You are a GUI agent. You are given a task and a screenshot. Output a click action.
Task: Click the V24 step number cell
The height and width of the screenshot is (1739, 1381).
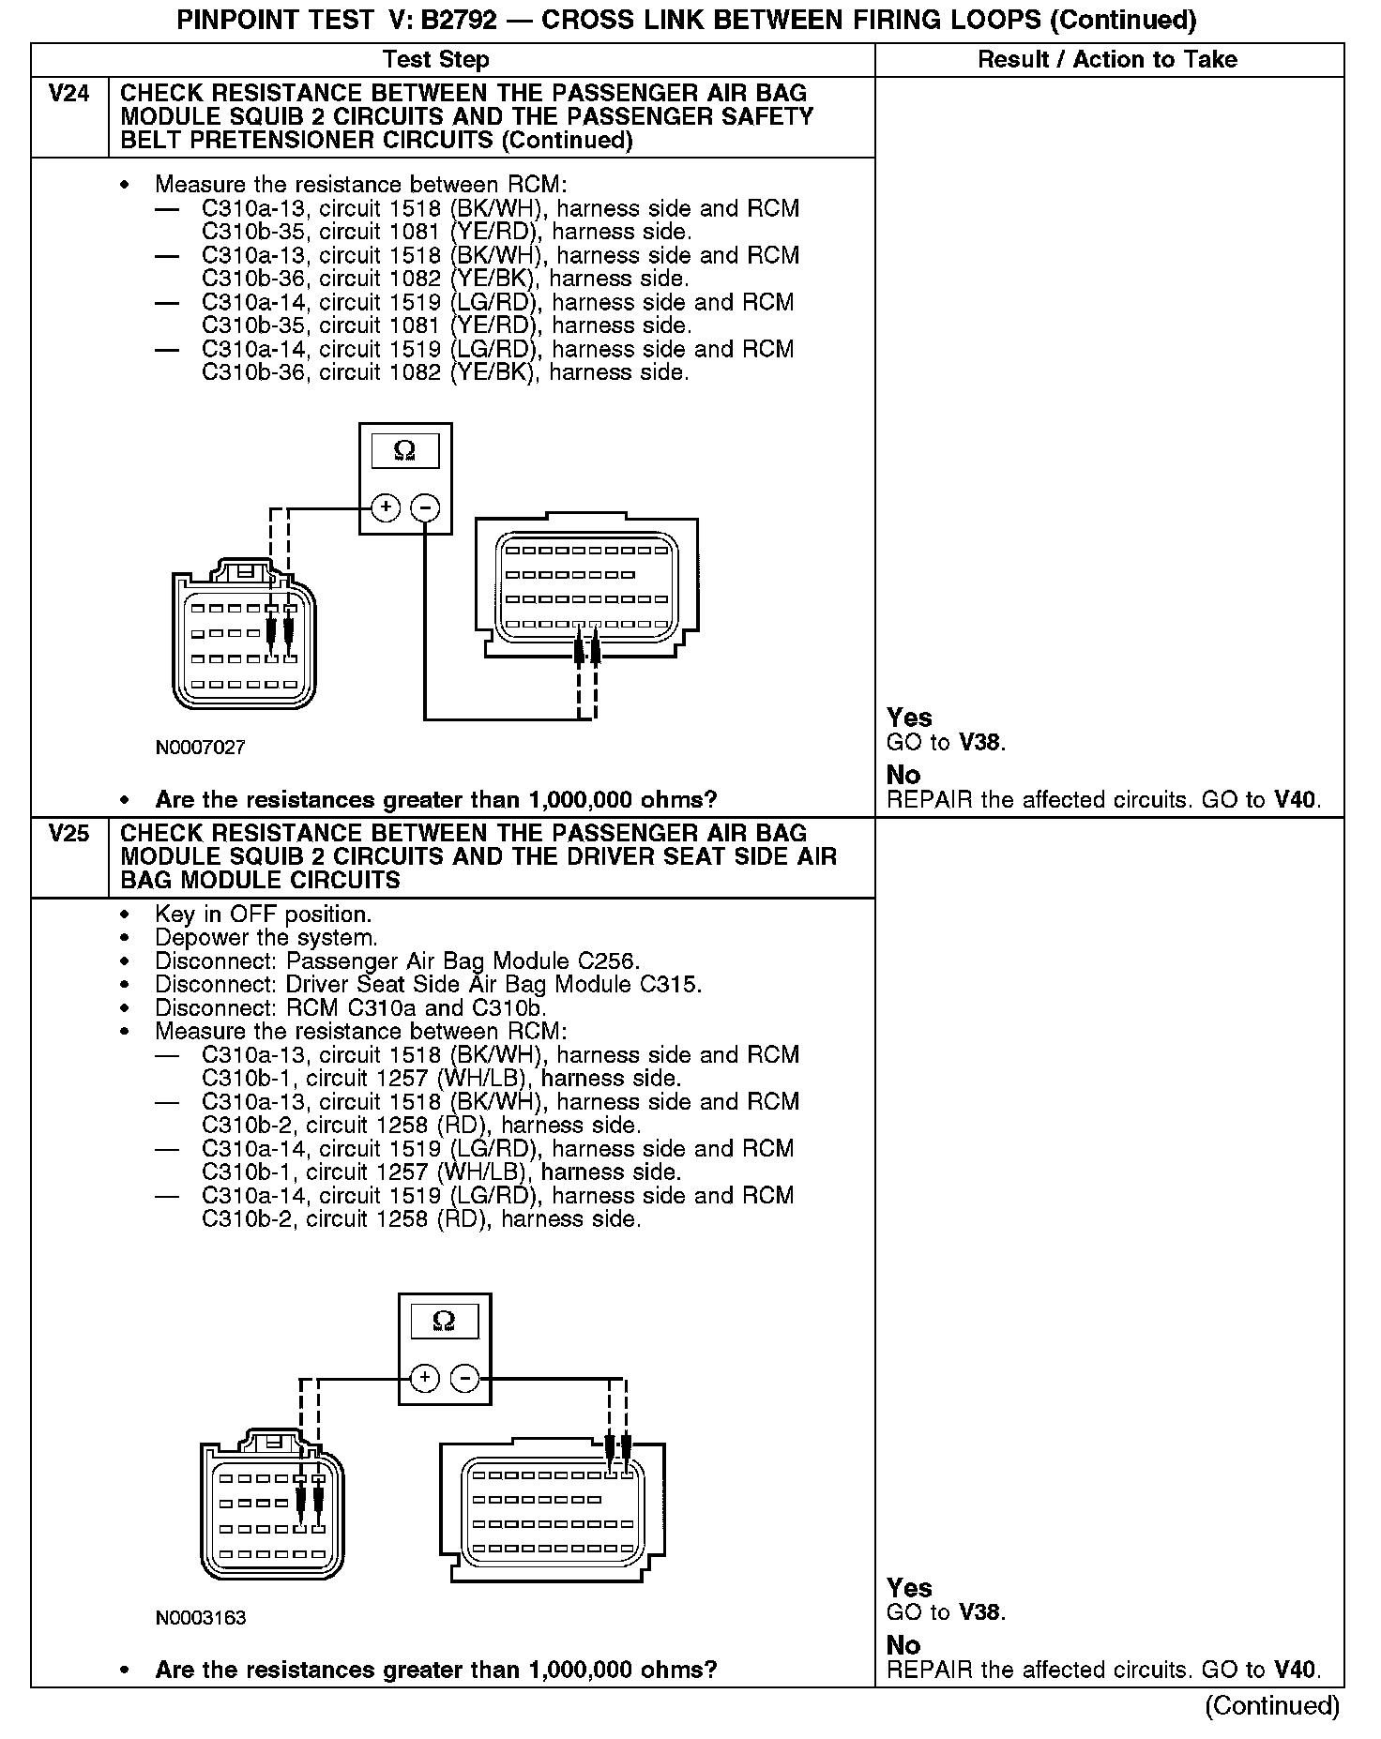[68, 94]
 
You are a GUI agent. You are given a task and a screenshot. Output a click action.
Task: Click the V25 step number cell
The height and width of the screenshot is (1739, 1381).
[68, 834]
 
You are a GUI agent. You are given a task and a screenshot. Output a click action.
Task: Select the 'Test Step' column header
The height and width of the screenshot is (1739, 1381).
[436, 60]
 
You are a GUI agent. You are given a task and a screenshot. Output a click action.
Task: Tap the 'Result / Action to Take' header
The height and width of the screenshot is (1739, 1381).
[1107, 60]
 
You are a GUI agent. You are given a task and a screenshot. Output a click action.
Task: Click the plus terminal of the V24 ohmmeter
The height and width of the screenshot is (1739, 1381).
[386, 507]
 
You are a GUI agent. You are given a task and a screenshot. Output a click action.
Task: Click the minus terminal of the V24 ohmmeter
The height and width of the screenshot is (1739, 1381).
[426, 507]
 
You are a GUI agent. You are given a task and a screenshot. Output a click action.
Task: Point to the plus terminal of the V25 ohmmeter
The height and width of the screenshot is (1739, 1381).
[425, 1378]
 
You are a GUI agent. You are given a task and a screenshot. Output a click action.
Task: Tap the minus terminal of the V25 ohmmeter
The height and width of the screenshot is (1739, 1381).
[465, 1378]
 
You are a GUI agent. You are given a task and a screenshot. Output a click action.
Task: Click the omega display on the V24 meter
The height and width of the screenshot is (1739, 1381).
[405, 451]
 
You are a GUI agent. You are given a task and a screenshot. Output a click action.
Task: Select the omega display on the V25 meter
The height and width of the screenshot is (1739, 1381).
[445, 1322]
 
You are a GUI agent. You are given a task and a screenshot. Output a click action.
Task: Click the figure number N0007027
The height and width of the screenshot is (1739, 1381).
[201, 748]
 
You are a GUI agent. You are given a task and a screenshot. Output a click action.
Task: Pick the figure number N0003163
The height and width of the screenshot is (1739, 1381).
[201, 1618]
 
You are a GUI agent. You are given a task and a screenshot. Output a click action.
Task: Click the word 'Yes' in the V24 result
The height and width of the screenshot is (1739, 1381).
[909, 718]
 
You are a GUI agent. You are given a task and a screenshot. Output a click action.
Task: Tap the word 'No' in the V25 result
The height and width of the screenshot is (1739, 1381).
[903, 1645]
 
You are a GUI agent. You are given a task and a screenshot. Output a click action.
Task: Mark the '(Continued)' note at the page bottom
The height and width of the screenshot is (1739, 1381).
[1271, 1705]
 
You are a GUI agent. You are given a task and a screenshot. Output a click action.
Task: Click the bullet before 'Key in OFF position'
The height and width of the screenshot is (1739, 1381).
[125, 915]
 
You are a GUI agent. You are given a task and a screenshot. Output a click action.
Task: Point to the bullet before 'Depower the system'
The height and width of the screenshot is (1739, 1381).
[125, 938]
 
